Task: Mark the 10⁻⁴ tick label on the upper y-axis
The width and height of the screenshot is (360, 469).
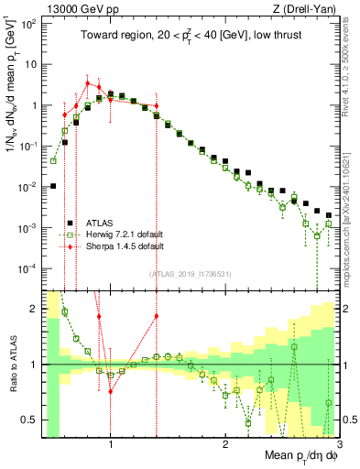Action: pos(27,268)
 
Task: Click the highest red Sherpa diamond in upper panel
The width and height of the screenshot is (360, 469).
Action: pos(87,83)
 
